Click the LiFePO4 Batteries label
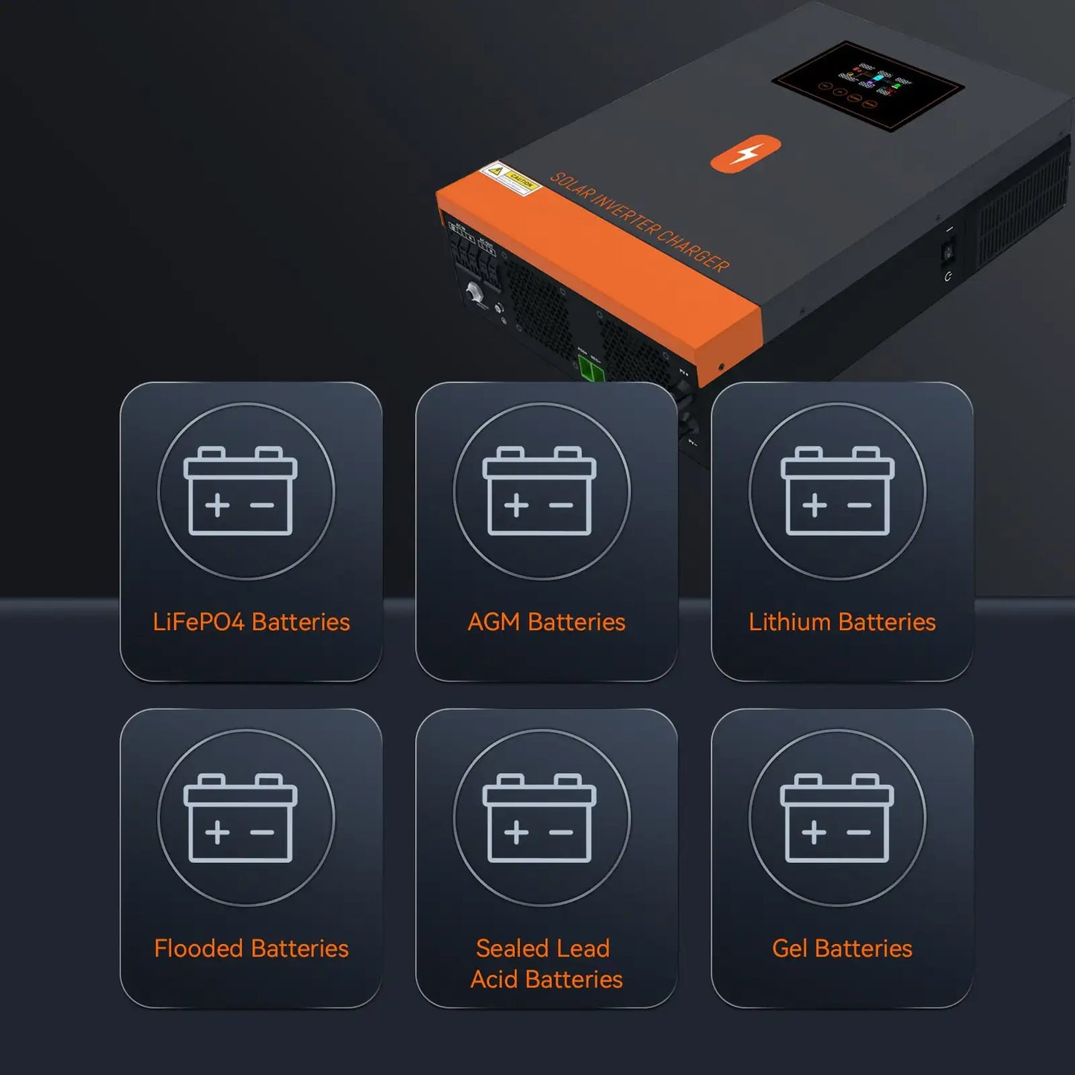pos(251,622)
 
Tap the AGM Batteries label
pos(546,622)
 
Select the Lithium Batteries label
pos(841,622)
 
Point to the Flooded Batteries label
pos(251,949)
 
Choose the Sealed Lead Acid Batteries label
pos(546,963)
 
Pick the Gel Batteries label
pos(841,949)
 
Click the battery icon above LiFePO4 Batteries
pos(240,491)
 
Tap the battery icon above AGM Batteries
pos(539,491)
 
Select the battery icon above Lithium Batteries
pos(837,491)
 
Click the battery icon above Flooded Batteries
pos(240,818)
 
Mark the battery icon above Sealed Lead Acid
pos(539,818)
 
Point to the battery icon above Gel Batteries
pos(837,818)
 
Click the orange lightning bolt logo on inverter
pos(745,153)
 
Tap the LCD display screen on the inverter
pos(867,86)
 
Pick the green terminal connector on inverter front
pos(591,369)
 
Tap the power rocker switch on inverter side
pos(949,254)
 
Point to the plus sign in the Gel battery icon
pos(813,832)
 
